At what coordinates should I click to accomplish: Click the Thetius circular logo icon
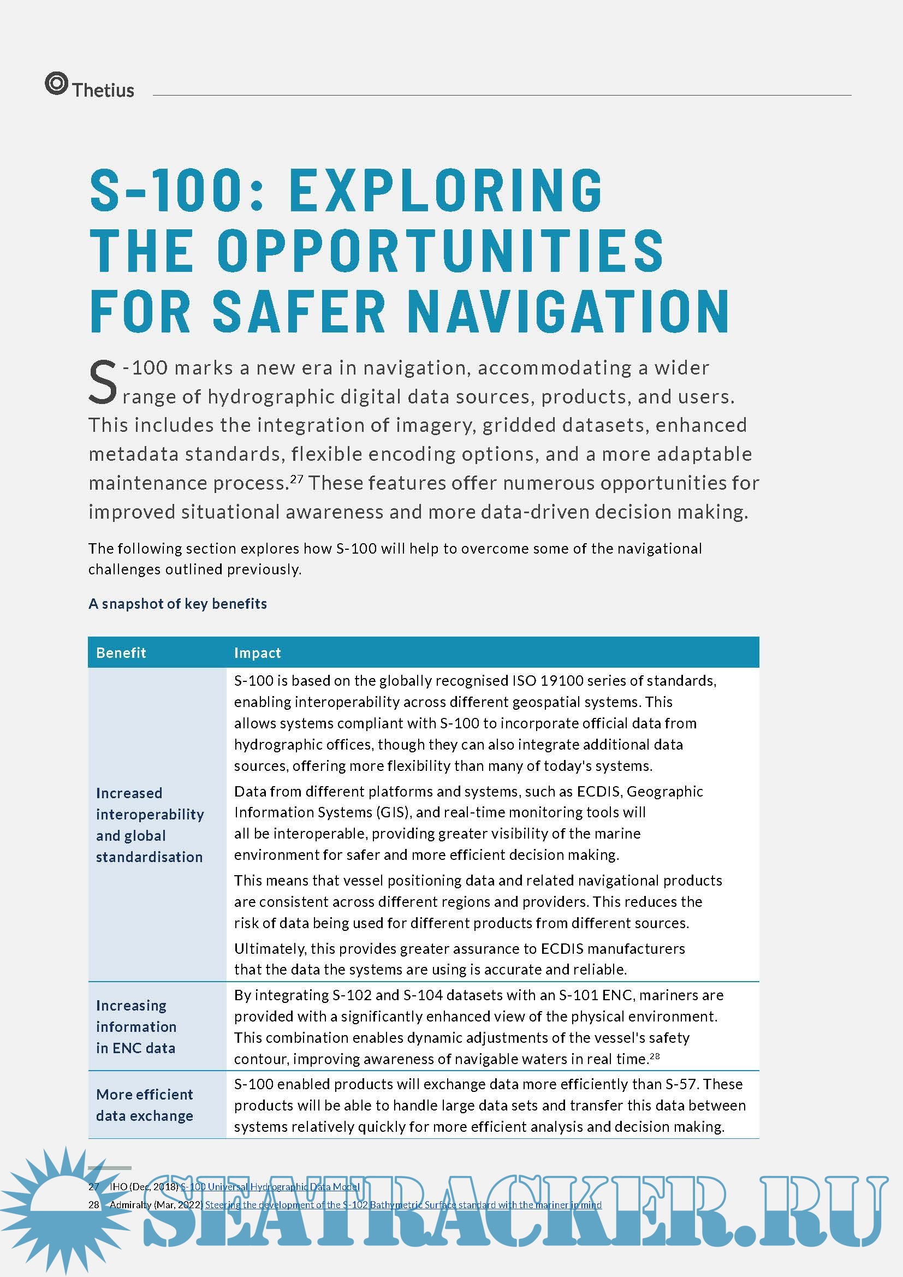point(56,84)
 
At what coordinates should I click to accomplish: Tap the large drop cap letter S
point(103,382)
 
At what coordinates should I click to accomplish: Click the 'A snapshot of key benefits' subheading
point(177,603)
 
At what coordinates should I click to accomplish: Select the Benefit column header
point(121,652)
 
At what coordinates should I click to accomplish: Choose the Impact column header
point(258,652)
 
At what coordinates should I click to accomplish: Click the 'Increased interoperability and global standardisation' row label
point(150,825)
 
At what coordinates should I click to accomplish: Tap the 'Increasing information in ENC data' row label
point(136,1027)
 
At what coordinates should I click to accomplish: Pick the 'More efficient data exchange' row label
point(145,1105)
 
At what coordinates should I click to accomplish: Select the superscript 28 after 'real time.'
point(655,1055)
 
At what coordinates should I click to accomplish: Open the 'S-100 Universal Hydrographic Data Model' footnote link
point(270,1186)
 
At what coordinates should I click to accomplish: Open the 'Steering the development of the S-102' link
point(403,1205)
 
